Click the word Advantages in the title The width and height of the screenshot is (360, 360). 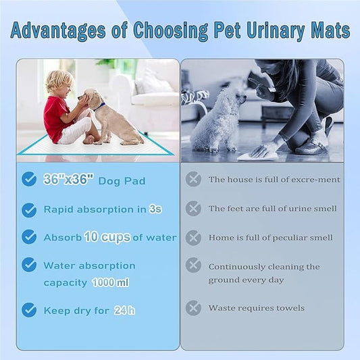pos(51,31)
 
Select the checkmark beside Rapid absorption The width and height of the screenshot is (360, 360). pos(29,210)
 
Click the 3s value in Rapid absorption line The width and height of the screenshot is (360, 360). pos(155,209)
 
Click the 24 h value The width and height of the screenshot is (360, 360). pos(124,310)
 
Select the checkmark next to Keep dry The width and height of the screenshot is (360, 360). pos(29,310)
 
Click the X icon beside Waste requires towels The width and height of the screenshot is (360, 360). pos(194,308)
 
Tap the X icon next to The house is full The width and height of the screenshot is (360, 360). pos(194,179)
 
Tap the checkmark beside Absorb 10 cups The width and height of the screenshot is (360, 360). pos(29,237)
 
